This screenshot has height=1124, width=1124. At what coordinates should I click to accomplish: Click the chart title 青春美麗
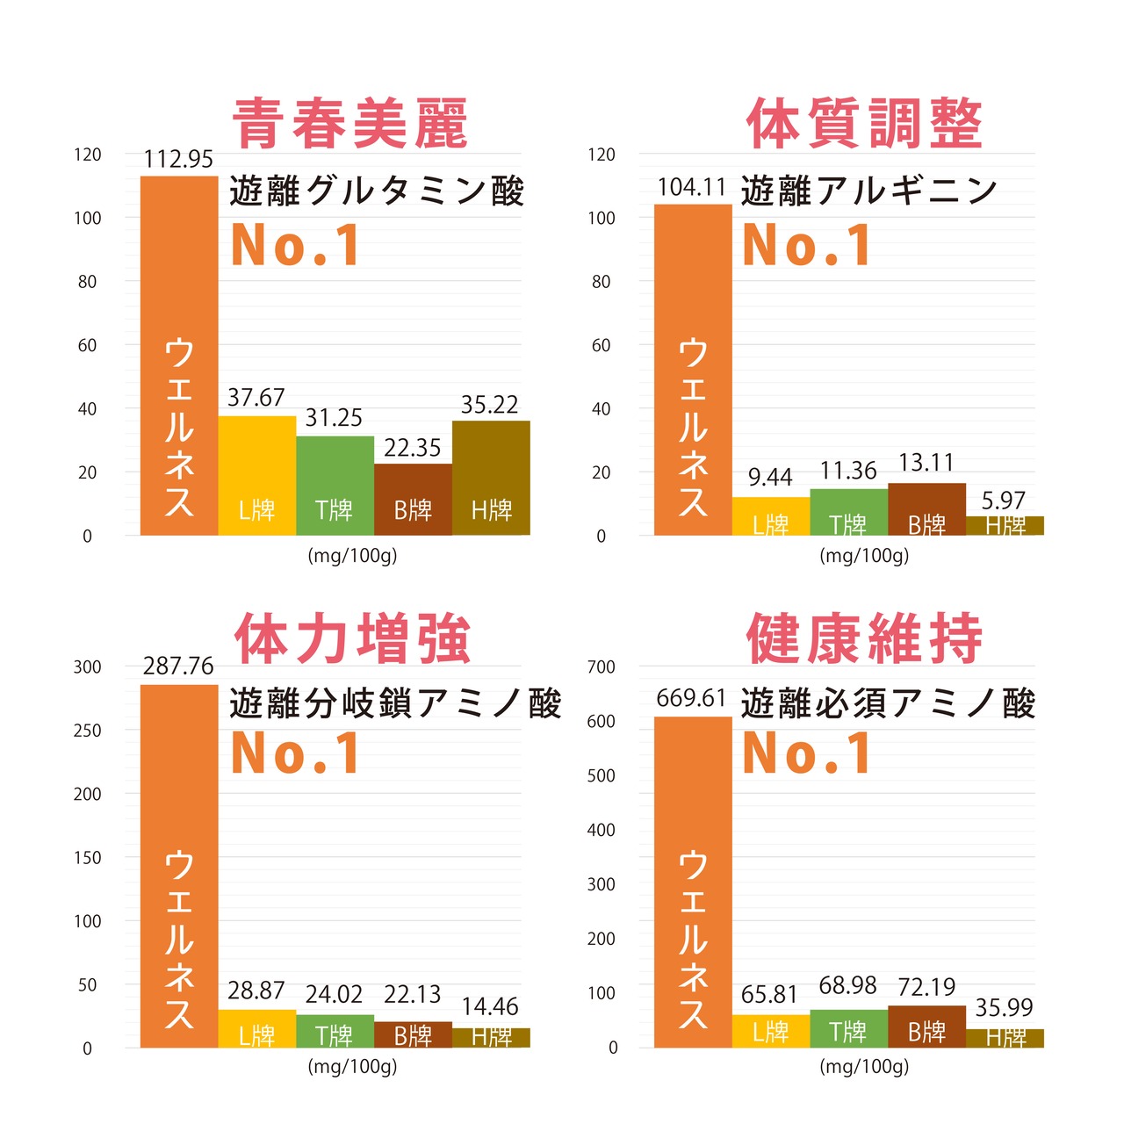350,124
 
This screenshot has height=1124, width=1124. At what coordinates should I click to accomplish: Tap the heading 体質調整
864,124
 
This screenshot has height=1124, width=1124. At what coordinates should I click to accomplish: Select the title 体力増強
352,639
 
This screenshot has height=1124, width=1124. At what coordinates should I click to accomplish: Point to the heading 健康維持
864,639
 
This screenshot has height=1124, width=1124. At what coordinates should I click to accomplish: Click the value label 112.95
178,159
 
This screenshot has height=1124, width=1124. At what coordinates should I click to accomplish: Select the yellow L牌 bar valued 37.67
256,475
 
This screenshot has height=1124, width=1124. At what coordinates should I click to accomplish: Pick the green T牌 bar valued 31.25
335,485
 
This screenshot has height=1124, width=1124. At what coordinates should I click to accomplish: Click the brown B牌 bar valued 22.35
413,499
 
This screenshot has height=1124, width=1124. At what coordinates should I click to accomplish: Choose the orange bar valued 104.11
693,369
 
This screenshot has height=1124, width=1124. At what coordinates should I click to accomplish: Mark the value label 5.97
1004,501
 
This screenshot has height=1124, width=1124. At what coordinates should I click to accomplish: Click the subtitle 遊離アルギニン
869,191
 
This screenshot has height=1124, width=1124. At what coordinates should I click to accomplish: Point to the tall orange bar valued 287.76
179,865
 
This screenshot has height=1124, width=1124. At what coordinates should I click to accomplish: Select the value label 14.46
490,1006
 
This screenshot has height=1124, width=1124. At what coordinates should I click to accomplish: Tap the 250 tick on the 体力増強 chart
87,731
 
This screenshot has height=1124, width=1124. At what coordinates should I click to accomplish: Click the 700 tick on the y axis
602,667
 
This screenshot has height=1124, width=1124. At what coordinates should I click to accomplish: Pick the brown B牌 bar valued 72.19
926,1026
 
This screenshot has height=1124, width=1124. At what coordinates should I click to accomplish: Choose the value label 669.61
691,698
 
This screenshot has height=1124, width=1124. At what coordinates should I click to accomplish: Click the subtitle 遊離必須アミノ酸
889,703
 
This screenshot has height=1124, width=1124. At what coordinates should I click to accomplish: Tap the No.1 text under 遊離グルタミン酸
295,245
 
